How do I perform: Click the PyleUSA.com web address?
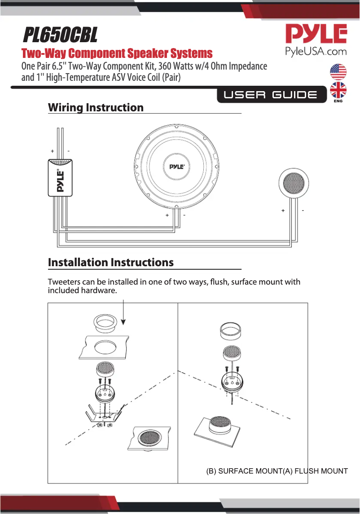[316, 51]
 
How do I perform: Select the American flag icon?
[338, 72]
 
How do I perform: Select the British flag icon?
[338, 90]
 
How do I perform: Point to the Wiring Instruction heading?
[96, 108]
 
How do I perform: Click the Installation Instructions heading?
[110, 263]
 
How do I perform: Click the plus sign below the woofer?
[167, 215]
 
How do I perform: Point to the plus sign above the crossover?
[53, 151]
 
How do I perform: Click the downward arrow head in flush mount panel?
[123, 321]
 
